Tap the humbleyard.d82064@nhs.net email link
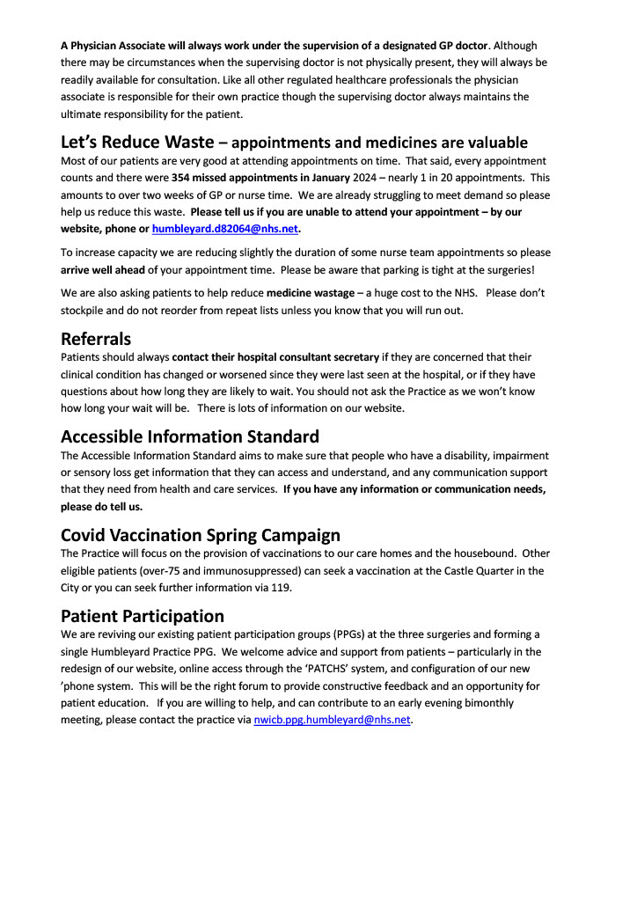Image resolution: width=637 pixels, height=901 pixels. (x=225, y=230)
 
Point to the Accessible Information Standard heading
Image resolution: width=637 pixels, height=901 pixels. (x=189, y=436)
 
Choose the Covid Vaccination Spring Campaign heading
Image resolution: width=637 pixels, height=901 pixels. (x=200, y=535)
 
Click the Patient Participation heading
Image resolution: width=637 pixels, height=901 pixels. (x=143, y=616)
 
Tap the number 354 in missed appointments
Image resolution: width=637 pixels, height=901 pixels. (x=183, y=179)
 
